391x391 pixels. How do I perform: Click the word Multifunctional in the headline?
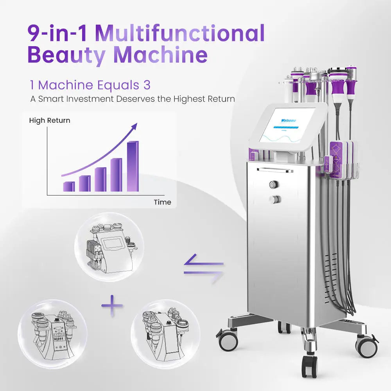[180, 34]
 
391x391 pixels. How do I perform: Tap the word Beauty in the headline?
[66, 55]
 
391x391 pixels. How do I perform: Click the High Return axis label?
[50, 120]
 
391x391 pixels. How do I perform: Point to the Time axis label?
[162, 202]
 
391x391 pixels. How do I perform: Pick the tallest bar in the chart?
[133, 167]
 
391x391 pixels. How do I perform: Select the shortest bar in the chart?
[69, 187]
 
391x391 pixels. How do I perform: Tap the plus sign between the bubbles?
[112, 306]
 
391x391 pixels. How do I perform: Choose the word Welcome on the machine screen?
[289, 121]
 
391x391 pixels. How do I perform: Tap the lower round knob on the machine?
[275, 199]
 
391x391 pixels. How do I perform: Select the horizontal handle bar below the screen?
[275, 170]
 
